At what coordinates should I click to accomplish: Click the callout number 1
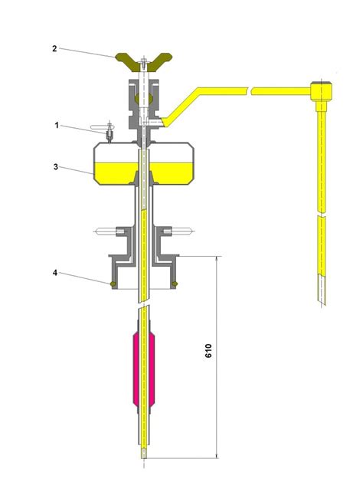[57, 126]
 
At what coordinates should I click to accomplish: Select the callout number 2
[54, 48]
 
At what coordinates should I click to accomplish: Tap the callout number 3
[55, 167]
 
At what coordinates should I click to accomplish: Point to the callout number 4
[55, 273]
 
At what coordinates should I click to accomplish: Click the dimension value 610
[208, 350]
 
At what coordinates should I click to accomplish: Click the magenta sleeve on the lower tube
[144, 369]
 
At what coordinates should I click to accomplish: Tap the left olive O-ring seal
[113, 284]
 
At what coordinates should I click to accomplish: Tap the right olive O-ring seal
[175, 284]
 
